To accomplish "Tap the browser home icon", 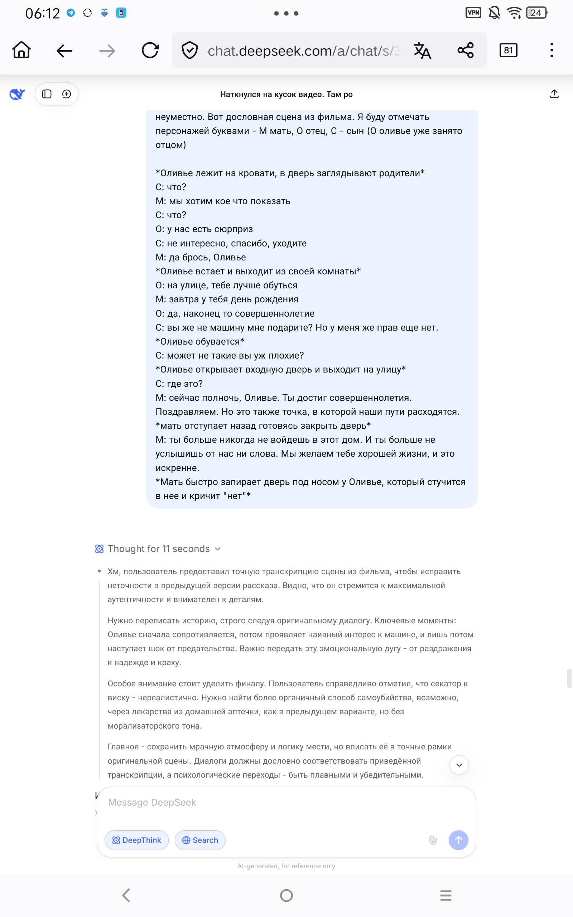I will (x=21, y=50).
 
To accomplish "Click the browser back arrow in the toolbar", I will (x=64, y=51).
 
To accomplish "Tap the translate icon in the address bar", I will (x=422, y=51).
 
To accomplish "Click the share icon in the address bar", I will (x=465, y=51).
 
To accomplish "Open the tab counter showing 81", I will (x=508, y=51).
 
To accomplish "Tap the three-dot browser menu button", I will (x=552, y=51).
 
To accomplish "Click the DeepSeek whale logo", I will (x=17, y=94).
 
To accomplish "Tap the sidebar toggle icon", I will (x=47, y=94).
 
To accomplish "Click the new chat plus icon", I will (x=67, y=94).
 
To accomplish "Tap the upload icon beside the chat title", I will (x=554, y=94).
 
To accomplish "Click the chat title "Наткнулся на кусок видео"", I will (x=286, y=94).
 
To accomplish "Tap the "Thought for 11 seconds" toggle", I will (x=158, y=549).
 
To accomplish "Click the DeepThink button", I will (x=137, y=840).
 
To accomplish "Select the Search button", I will (x=200, y=840).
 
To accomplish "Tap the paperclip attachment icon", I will (x=433, y=840).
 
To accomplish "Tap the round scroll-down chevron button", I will (x=459, y=765).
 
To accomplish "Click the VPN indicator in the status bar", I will (x=473, y=13).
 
